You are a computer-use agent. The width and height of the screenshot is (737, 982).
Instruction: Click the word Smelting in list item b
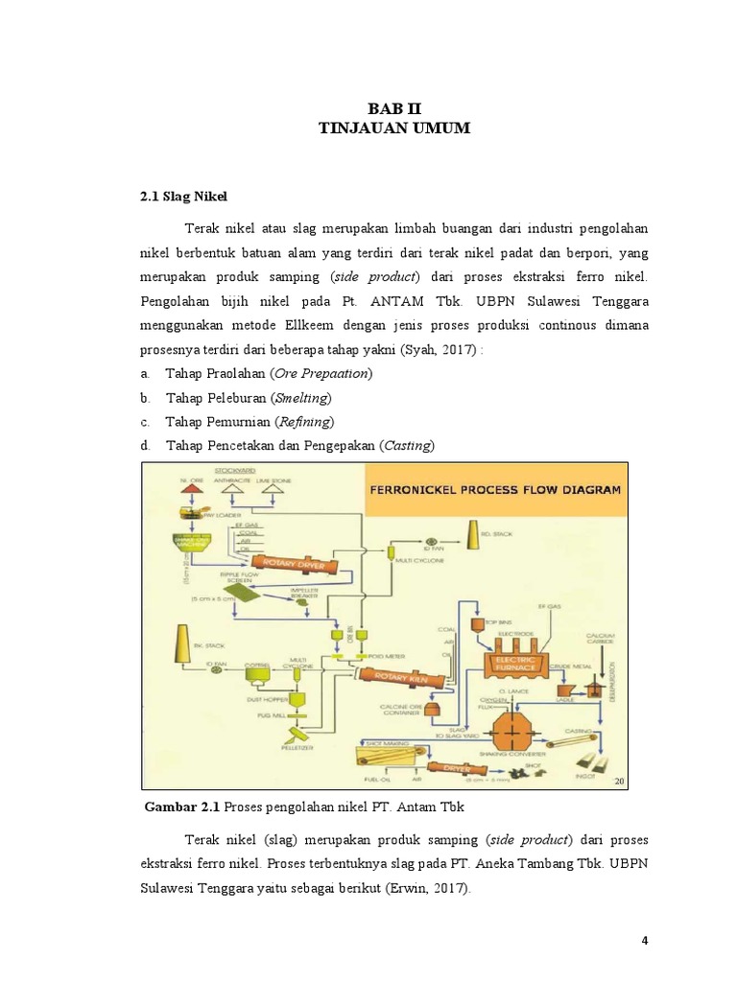coord(301,397)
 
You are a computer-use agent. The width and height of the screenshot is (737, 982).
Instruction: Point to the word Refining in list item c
coord(304,421)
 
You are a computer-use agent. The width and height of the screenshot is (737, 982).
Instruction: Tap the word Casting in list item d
coord(407,445)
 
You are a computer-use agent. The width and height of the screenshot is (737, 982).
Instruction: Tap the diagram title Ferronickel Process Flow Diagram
coord(493,489)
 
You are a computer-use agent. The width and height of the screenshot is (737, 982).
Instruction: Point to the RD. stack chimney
coord(473,538)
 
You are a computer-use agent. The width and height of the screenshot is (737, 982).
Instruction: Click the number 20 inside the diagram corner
coord(619,783)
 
